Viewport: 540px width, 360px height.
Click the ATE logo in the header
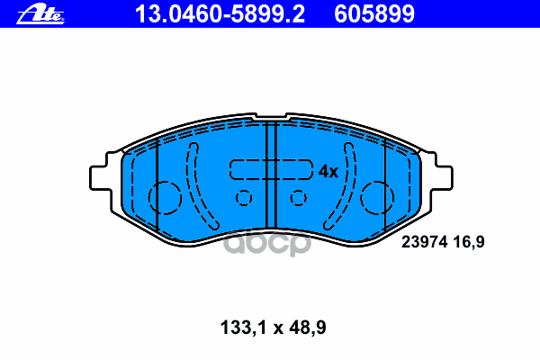(x=40, y=14)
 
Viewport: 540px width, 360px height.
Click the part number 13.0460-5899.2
(x=220, y=14)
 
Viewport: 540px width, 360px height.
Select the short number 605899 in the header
(x=374, y=14)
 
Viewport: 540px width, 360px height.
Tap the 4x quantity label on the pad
(x=328, y=171)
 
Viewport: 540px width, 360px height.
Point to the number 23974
(x=424, y=242)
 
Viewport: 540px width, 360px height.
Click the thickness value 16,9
(x=469, y=242)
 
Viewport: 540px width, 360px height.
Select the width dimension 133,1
(x=244, y=328)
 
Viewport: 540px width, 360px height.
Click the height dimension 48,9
(x=308, y=328)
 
